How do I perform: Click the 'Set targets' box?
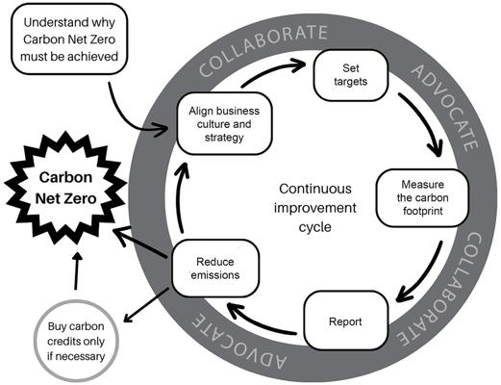coord(351,75)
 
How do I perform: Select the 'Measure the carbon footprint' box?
coord(422,198)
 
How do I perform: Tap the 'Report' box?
coord(345,321)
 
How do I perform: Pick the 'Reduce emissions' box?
coord(215,269)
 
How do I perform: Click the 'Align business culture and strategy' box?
coord(224,124)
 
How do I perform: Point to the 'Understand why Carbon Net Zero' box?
coord(69,39)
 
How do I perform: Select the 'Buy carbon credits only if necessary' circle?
coord(76,341)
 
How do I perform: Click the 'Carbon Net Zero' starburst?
coord(65,188)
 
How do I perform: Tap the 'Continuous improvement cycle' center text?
coord(314,208)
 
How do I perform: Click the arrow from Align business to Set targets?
coord(272,70)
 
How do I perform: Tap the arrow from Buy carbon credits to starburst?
coord(77,270)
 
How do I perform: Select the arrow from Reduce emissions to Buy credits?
coord(146,305)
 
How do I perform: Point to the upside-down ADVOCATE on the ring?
coord(238,344)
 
